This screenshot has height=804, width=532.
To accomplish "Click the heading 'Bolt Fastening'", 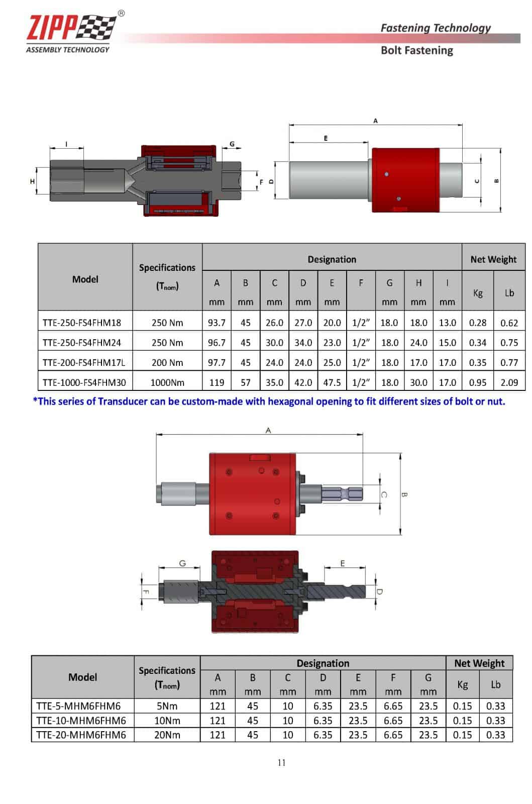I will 416,50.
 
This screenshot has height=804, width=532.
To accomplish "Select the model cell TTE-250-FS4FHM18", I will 82,323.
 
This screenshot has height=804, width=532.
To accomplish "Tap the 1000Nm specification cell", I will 167,382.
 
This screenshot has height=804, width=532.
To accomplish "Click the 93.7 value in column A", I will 217,323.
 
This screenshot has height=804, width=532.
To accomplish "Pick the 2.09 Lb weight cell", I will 509,382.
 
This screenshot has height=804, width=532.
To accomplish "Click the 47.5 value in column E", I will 332,382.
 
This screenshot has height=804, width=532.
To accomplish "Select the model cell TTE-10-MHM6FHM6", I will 81,721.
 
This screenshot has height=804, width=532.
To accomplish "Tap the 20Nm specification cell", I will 167,735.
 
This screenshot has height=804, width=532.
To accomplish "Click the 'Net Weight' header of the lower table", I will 479,663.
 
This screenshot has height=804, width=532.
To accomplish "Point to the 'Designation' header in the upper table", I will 332,259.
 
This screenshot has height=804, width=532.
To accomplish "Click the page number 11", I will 281,762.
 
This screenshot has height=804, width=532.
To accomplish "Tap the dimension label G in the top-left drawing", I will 232,144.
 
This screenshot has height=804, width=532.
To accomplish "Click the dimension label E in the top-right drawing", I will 326,138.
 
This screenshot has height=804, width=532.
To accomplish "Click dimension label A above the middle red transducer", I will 268,430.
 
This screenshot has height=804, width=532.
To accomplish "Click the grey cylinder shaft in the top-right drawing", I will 327,180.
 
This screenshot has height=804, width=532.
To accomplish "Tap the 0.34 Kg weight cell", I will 477,343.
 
